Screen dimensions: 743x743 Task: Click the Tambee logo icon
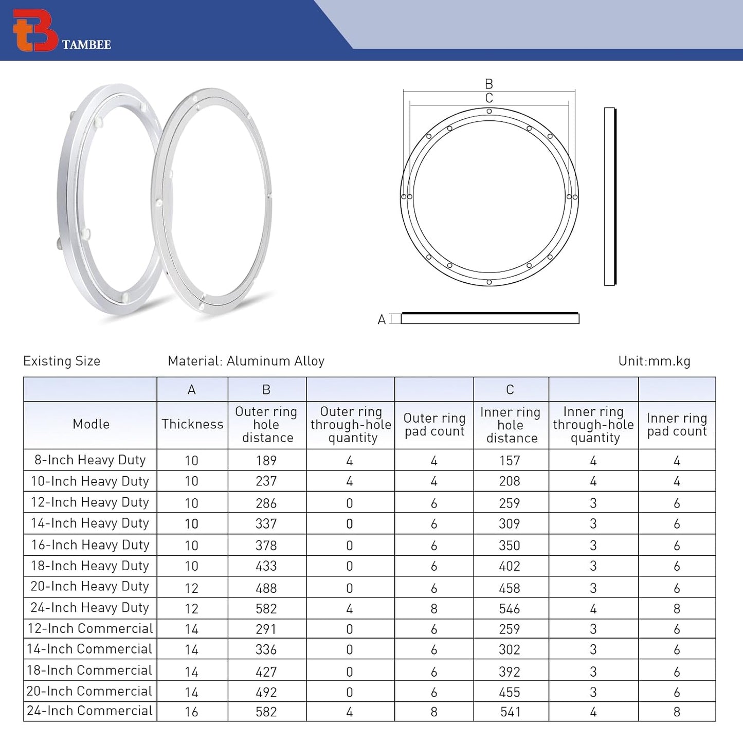[x=35, y=30]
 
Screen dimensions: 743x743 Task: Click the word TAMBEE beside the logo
[x=86, y=45]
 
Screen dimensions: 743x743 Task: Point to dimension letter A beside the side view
[x=382, y=320]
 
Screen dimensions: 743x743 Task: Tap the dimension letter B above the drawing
[x=489, y=84]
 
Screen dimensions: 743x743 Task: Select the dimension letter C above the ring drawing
[x=489, y=98]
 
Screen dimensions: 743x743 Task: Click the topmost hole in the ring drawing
[x=489, y=111]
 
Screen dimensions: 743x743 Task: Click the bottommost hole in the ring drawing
[x=489, y=282]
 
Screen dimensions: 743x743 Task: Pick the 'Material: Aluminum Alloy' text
[x=246, y=361]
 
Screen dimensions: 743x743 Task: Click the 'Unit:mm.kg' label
[x=654, y=361]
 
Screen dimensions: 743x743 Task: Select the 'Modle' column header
[x=91, y=424]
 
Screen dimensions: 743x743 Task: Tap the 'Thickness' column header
[x=192, y=424]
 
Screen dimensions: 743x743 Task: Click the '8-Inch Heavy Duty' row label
[x=90, y=460]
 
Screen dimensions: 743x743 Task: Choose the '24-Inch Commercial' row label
[x=90, y=711]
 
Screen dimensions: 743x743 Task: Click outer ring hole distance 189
[x=266, y=461]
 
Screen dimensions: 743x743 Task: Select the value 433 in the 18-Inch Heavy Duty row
[x=266, y=566]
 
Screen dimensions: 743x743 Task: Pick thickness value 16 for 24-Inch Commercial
[x=191, y=712]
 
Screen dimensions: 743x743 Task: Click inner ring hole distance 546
[x=510, y=609]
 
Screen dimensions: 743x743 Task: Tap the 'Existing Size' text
[x=62, y=361]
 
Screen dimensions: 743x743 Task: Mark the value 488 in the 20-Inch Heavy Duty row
[x=266, y=588]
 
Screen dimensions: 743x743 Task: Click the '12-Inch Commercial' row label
[x=90, y=628]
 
